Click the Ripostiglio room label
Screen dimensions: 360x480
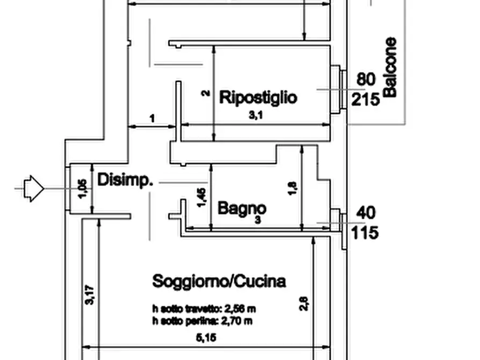[x=257, y=98]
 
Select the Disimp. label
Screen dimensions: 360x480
[x=125, y=180]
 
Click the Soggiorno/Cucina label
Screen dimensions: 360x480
[x=219, y=281]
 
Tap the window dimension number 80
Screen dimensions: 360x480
[x=366, y=80]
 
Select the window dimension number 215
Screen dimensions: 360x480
[x=366, y=99]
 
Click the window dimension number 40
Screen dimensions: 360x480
[x=366, y=213]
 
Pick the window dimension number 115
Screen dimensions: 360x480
[x=366, y=233]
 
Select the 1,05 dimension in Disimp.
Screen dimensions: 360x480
[x=82, y=189]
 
